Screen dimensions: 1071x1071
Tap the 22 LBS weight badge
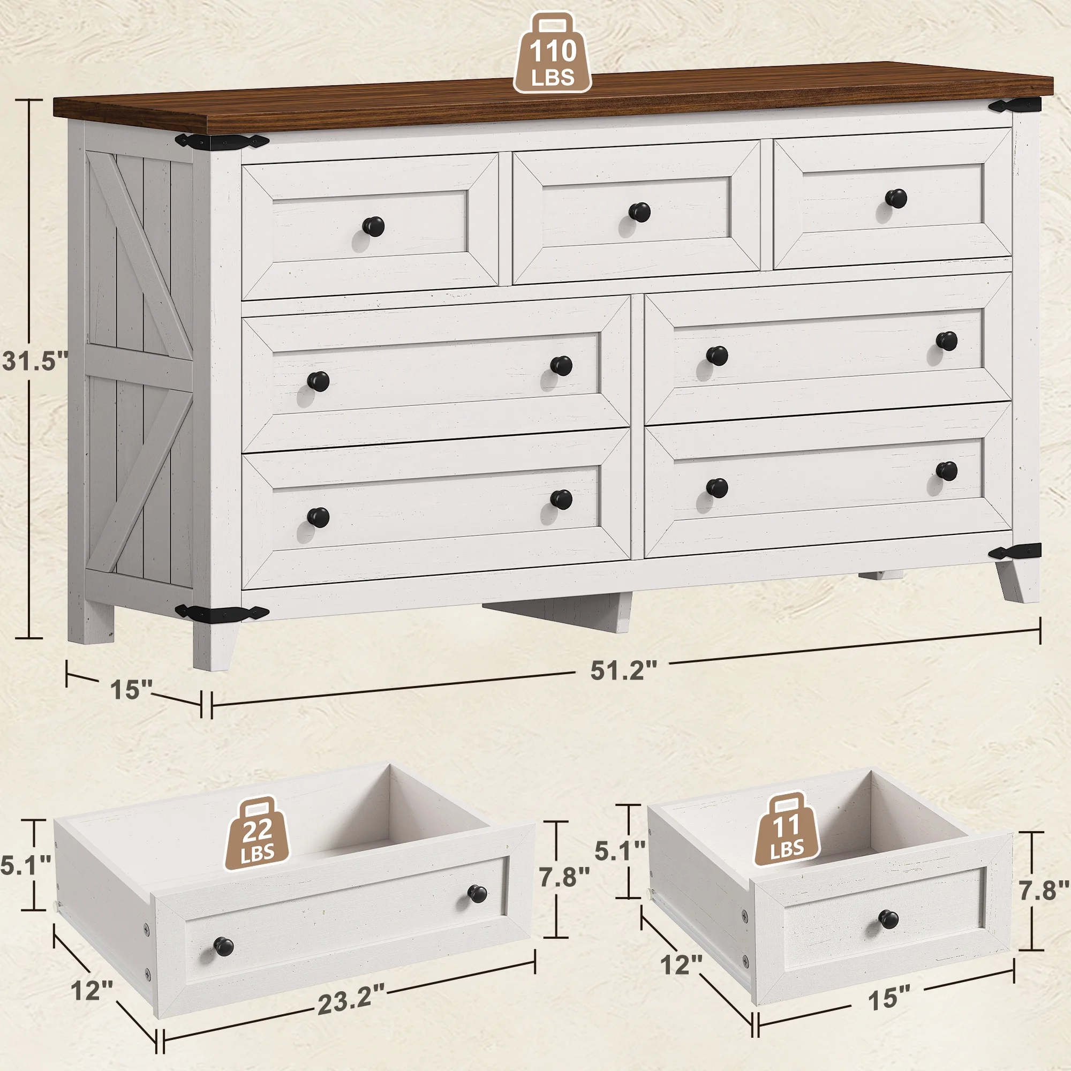tap(257, 835)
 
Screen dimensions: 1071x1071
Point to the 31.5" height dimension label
tap(34, 361)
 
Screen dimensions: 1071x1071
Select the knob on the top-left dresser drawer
tap(373, 225)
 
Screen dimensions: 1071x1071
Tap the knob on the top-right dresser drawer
tap(895, 198)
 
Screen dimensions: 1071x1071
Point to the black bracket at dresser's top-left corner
tap(222, 141)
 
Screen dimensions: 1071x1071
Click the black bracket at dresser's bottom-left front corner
tap(222, 613)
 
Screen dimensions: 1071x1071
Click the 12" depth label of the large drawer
tap(92, 990)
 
